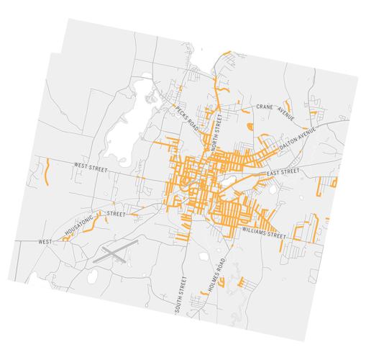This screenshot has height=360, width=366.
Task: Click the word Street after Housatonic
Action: pyautogui.click(x=116, y=214)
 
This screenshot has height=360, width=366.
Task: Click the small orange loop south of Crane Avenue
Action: pyautogui.click(x=250, y=127)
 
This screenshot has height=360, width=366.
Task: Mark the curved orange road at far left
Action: pyautogui.click(x=47, y=172)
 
